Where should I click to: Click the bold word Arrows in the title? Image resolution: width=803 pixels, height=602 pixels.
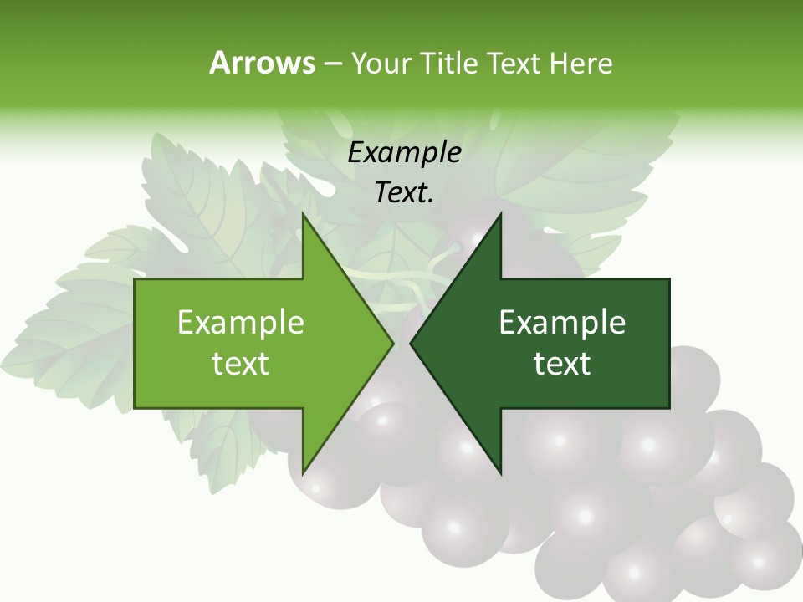click(x=262, y=63)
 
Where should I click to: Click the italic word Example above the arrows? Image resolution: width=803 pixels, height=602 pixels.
click(x=404, y=152)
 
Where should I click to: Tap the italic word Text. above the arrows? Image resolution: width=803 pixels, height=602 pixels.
click(x=404, y=192)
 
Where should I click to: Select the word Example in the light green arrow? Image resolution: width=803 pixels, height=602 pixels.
click(x=241, y=322)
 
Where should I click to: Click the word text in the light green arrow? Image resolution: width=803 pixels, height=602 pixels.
click(x=241, y=363)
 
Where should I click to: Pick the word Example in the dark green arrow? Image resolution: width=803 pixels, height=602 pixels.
click(x=562, y=322)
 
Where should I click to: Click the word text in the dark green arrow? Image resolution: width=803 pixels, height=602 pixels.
click(x=562, y=363)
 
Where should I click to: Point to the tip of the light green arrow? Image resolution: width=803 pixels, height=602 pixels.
click(x=392, y=343)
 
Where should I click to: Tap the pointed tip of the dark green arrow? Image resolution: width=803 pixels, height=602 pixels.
click(x=411, y=343)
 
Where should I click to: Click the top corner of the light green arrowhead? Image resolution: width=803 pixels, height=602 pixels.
click(x=303, y=214)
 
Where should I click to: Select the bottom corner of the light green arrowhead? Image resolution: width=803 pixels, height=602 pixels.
click(x=303, y=473)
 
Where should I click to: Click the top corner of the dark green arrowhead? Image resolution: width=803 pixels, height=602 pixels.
click(x=500, y=214)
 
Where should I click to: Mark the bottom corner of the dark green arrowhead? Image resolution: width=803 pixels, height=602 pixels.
click(x=500, y=473)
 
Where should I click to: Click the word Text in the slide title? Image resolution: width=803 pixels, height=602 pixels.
click(x=514, y=64)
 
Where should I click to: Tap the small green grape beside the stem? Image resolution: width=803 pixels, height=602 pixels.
click(x=457, y=247)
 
